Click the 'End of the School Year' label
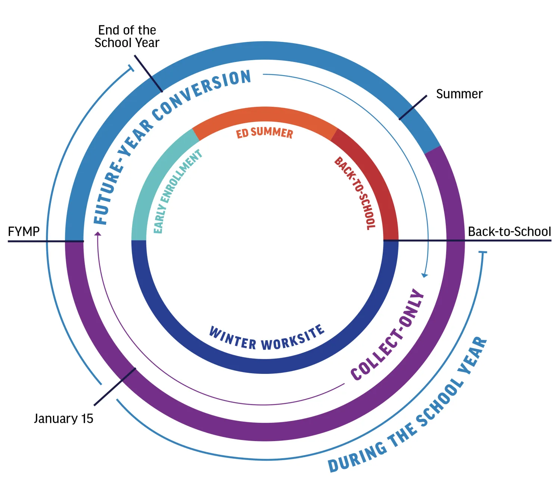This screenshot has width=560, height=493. click(x=127, y=37)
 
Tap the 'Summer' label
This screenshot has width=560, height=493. click(x=459, y=94)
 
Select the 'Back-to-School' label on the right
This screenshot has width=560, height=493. click(x=509, y=232)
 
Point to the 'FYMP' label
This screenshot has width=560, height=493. click(x=24, y=232)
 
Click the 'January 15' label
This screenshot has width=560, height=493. click(x=63, y=419)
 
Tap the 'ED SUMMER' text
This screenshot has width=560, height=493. click(x=264, y=133)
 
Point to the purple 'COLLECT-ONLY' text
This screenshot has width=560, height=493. click(x=388, y=336)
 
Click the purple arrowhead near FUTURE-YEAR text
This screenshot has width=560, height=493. click(x=98, y=234)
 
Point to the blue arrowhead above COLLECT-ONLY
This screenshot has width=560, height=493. click(x=424, y=275)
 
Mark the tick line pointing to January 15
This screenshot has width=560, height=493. click(x=115, y=387)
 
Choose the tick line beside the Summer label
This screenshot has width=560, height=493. click(x=413, y=108)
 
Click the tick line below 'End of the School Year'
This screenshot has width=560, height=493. click(x=149, y=74)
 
